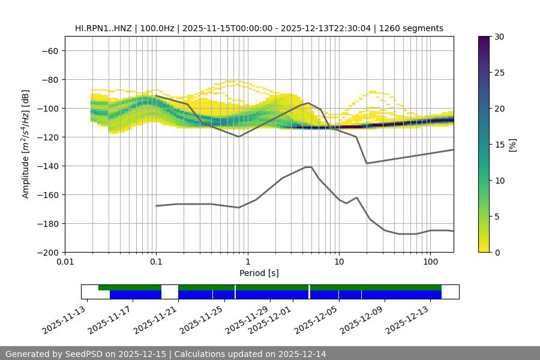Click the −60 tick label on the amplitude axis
coord(49,50)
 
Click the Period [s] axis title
coord(259,273)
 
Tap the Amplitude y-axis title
coord(26,144)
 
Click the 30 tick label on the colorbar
coord(499,37)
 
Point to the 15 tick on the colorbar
coord(499,145)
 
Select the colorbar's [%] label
coord(512,144)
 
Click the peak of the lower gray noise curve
coord(308,167)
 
